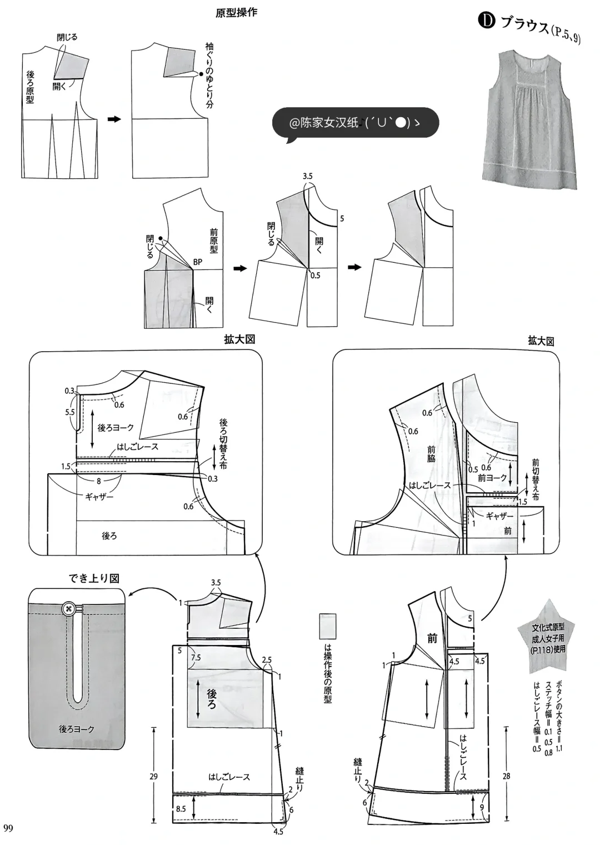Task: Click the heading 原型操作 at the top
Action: click(236, 12)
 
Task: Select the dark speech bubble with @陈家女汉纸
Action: click(355, 123)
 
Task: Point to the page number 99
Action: click(8, 828)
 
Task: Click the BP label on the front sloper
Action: click(198, 262)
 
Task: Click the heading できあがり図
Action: click(94, 578)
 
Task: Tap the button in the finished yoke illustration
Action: click(69, 608)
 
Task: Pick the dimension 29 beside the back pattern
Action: click(153, 776)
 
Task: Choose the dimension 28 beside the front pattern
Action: click(506, 776)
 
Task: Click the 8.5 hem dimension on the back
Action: click(181, 809)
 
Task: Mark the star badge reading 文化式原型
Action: click(548, 638)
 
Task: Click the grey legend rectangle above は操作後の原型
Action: click(328, 627)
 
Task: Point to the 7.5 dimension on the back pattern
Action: click(196, 658)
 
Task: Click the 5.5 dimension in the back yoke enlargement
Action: click(69, 412)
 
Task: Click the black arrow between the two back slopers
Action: click(114, 119)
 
